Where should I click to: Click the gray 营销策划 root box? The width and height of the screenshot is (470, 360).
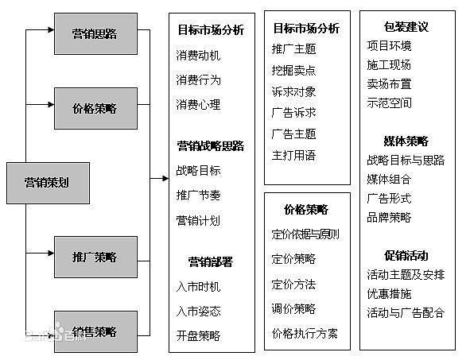click(46, 181)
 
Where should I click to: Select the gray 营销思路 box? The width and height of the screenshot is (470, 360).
click(95, 34)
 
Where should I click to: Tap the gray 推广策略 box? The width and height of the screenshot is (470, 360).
click(95, 257)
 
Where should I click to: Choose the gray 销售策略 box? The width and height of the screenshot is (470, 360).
click(95, 331)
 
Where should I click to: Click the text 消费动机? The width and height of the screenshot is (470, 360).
click(198, 56)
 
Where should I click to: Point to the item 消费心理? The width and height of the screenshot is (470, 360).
click(198, 105)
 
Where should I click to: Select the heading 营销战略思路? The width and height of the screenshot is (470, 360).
click(211, 146)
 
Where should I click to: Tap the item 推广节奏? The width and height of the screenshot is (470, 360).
click(198, 195)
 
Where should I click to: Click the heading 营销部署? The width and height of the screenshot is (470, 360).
click(211, 261)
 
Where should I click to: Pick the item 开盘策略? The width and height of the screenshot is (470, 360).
click(198, 335)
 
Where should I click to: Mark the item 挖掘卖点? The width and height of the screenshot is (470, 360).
click(293, 70)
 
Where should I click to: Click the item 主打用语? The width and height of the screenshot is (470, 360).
click(293, 155)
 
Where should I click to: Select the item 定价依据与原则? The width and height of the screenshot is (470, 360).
click(305, 234)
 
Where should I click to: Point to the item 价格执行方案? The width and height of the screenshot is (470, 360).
click(305, 333)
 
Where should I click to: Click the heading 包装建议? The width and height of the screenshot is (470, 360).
click(406, 27)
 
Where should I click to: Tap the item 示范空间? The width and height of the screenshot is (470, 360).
click(389, 103)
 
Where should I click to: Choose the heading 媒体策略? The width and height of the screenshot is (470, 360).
click(406, 141)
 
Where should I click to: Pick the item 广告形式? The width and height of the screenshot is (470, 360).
click(389, 198)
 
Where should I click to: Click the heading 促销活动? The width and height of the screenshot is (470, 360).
click(406, 256)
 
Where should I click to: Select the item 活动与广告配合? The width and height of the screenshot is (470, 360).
click(406, 313)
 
